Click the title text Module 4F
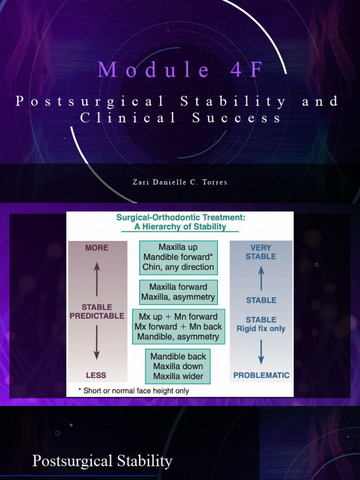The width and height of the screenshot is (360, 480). pyautogui.click(x=181, y=70)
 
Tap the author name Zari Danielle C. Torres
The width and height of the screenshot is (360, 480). pyautogui.click(x=180, y=182)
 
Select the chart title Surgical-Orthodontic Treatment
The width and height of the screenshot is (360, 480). pyautogui.click(x=180, y=217)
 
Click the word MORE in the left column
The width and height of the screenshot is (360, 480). pyautogui.click(x=97, y=247)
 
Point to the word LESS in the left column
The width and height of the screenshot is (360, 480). pyautogui.click(x=96, y=375)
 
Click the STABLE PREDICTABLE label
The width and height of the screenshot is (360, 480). pyautogui.click(x=97, y=312)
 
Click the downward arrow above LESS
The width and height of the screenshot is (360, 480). pyautogui.click(x=97, y=343)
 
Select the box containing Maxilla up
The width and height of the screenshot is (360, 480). pyautogui.click(x=179, y=257)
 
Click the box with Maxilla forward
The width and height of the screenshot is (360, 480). pyautogui.click(x=178, y=292)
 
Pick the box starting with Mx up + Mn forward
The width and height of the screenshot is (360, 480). pyautogui.click(x=178, y=327)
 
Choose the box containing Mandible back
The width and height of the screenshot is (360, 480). pyautogui.click(x=178, y=366)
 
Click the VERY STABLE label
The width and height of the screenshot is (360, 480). pyautogui.click(x=261, y=252)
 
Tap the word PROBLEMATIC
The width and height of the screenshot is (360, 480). pyautogui.click(x=261, y=375)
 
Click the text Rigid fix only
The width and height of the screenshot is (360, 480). pyautogui.click(x=261, y=329)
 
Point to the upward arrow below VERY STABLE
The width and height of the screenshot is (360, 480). pyautogui.click(x=261, y=277)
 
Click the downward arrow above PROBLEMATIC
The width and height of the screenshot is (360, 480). pyautogui.click(x=261, y=352)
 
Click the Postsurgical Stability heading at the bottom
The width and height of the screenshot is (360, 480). pyautogui.click(x=102, y=461)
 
